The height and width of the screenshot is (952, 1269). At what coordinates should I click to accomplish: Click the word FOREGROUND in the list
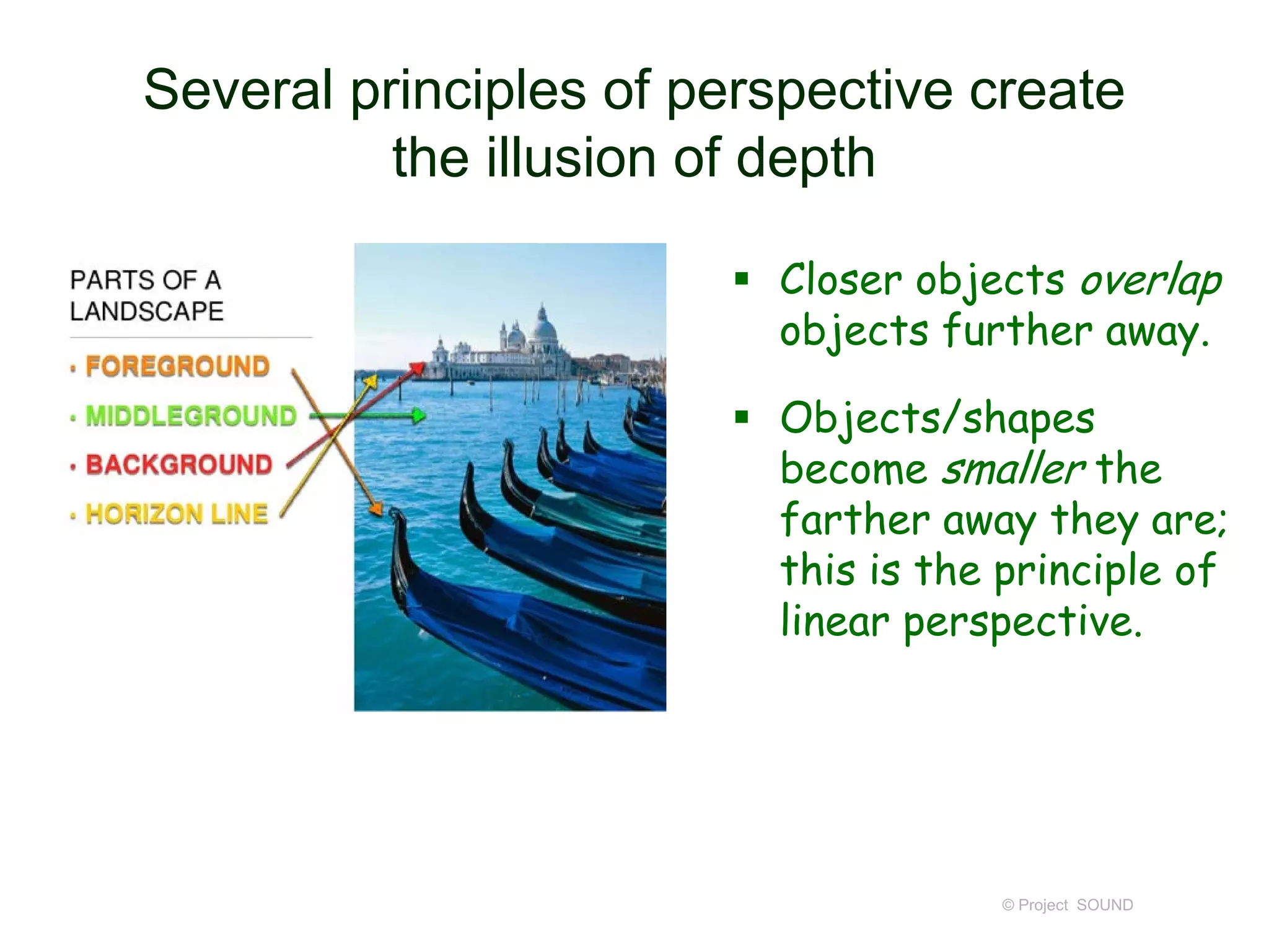click(177, 366)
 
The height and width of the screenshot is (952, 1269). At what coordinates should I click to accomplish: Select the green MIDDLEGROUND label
click(191, 416)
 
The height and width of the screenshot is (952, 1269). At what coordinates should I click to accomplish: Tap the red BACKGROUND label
click(178, 465)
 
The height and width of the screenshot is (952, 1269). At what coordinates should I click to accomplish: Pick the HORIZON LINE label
click(177, 514)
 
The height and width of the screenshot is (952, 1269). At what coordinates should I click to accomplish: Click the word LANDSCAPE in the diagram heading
click(147, 311)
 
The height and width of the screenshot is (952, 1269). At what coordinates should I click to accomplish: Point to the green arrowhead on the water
click(419, 415)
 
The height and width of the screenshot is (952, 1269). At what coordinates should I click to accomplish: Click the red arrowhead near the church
click(418, 369)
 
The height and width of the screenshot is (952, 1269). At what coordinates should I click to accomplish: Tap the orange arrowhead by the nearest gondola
click(375, 509)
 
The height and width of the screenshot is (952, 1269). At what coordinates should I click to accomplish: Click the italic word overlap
click(1151, 281)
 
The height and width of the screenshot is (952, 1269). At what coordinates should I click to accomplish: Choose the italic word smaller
click(1012, 469)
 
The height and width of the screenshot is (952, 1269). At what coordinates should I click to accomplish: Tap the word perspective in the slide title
click(809, 90)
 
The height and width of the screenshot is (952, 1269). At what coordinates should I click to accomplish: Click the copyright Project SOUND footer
click(1067, 905)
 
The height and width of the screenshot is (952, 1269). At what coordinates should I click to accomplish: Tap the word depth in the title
click(806, 159)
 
